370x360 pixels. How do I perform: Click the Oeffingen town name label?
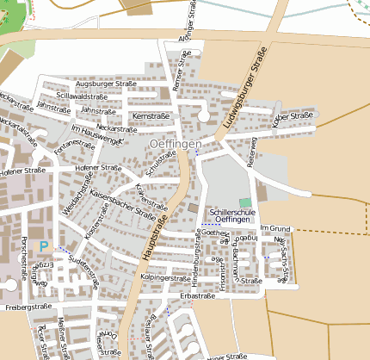175,143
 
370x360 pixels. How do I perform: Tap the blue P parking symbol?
43,247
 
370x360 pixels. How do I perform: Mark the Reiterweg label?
252,150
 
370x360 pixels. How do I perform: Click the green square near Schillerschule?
245,202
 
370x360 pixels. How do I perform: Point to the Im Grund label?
277,228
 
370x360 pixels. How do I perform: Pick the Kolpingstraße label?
164,279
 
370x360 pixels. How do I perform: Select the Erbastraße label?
197,295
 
